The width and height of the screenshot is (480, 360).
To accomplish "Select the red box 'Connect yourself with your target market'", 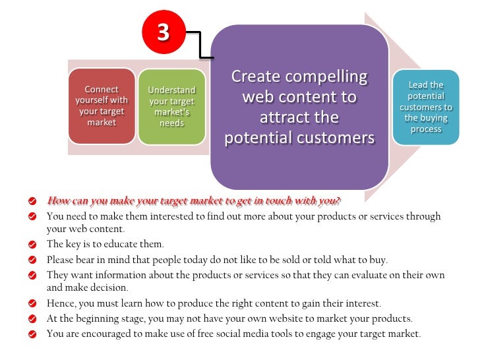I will [x=102, y=105].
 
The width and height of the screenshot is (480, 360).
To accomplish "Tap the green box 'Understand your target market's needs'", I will [x=171, y=105].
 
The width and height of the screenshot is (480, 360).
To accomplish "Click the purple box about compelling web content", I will [x=299, y=107].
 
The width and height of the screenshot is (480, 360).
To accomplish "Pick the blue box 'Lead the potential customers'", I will [x=426, y=107].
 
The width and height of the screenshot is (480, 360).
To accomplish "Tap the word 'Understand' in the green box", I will [x=172, y=90].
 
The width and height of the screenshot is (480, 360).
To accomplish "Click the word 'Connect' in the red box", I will [x=102, y=89].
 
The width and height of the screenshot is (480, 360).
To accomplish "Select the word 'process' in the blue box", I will [x=426, y=129].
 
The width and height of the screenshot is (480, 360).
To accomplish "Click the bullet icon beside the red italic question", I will [x=32, y=200].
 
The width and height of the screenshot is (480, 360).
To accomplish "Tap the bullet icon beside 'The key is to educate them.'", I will [x=32, y=245].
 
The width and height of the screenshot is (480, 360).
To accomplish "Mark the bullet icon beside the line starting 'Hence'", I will [x=32, y=304].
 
